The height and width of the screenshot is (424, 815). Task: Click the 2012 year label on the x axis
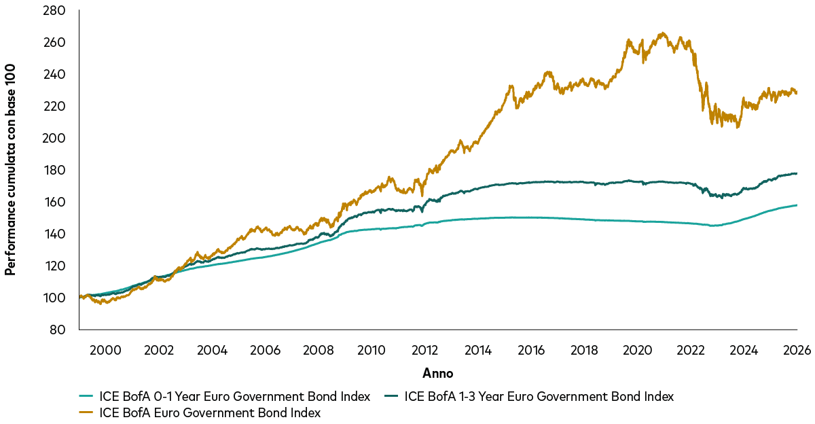pos(424,351)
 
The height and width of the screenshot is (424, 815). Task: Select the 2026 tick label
pos(797,351)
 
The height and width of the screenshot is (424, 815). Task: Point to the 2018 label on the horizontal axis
pos(584,351)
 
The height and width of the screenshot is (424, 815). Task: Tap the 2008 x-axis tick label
pos(318,351)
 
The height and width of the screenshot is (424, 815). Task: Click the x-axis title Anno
pos(437,373)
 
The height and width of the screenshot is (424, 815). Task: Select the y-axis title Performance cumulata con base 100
pos(10,170)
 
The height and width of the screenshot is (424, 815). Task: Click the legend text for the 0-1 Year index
pos(235,396)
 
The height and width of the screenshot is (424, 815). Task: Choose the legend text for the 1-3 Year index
pos(539,396)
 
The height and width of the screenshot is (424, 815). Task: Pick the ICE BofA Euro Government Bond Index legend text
pos(210,412)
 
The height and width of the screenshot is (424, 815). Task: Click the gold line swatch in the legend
pos(87,412)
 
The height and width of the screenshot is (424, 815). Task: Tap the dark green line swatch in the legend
pos(391,396)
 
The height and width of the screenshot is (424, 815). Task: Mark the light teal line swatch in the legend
pos(87,396)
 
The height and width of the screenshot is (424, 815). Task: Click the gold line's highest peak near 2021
pos(663,33)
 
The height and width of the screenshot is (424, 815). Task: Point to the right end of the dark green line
pos(797,173)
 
